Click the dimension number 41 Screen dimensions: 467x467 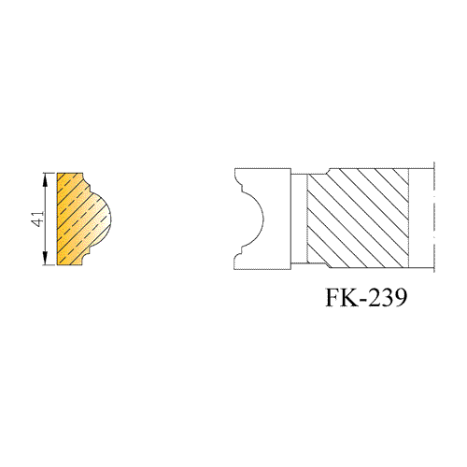(x=39, y=219)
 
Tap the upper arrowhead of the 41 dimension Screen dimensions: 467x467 (x=46, y=179)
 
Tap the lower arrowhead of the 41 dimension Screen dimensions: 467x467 (x=46, y=258)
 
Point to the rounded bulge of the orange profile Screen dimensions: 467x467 (x=103, y=219)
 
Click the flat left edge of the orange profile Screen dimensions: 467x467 (x=57, y=219)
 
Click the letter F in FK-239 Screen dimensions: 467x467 (x=333, y=297)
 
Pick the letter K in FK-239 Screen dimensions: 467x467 (x=348, y=297)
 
